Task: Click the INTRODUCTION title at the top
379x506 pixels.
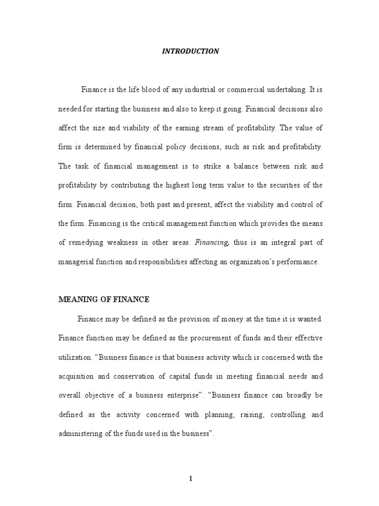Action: pos(190,51)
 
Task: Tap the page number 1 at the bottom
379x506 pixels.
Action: pos(190,478)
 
